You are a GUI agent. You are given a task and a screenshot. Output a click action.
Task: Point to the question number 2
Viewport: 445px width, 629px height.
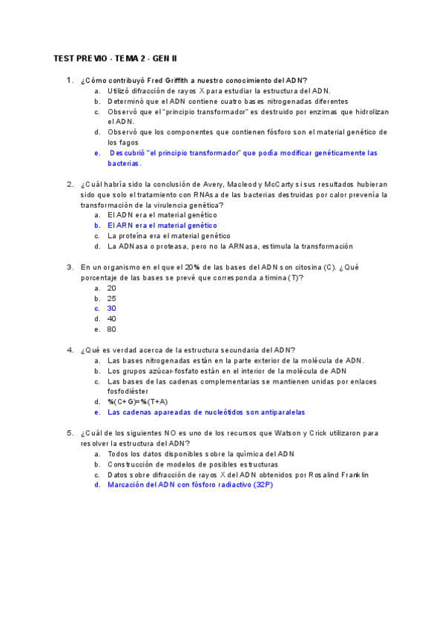click(x=70, y=184)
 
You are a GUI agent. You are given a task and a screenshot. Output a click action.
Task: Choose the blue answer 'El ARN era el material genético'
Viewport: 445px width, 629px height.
click(x=162, y=225)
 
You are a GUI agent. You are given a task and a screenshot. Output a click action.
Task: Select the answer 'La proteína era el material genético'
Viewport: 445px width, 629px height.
click(x=168, y=235)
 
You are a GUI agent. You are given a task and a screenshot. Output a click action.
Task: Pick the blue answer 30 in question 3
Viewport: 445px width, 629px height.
click(x=111, y=308)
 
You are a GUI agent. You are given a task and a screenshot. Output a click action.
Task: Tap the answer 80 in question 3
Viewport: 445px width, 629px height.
click(x=111, y=329)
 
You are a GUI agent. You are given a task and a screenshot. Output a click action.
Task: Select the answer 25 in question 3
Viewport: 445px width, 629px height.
click(x=111, y=298)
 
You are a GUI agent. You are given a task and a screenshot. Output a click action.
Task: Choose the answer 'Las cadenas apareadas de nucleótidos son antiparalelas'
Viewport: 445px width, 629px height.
click(x=206, y=412)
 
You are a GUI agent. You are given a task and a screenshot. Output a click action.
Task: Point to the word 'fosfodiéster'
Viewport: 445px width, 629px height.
click(x=128, y=391)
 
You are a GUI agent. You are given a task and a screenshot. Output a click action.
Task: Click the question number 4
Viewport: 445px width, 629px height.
click(x=70, y=350)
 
